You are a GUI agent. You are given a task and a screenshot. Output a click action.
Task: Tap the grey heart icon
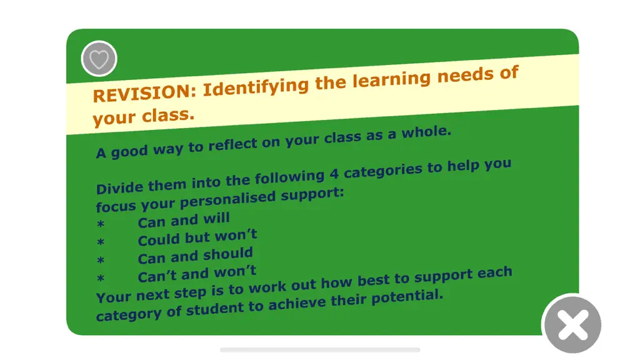(x=99, y=59)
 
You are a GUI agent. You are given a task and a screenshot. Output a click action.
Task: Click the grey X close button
(x=572, y=324)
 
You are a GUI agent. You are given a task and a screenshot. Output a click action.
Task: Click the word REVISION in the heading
(x=144, y=92)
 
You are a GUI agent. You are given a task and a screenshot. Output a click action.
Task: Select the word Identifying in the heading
(x=256, y=86)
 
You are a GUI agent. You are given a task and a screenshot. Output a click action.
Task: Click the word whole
(x=426, y=132)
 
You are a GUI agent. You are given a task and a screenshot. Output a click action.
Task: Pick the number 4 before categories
(x=334, y=174)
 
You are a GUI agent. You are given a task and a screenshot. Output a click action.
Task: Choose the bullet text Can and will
(x=184, y=221)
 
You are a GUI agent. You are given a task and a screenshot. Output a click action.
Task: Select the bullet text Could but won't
(x=197, y=237)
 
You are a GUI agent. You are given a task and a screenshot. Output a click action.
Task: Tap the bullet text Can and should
(x=195, y=256)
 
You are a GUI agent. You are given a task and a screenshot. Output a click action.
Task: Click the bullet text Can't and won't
(x=197, y=274)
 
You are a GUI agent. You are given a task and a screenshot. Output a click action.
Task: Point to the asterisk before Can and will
(x=101, y=224)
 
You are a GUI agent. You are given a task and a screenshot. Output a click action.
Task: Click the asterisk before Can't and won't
(x=101, y=279)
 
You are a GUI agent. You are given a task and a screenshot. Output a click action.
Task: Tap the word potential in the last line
(x=407, y=297)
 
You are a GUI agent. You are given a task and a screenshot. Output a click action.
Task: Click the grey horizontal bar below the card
(x=320, y=350)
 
